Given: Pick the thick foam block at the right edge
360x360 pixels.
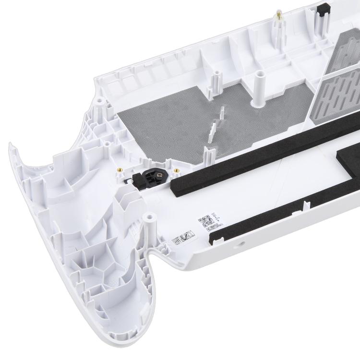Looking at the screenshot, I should click(x=348, y=158).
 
